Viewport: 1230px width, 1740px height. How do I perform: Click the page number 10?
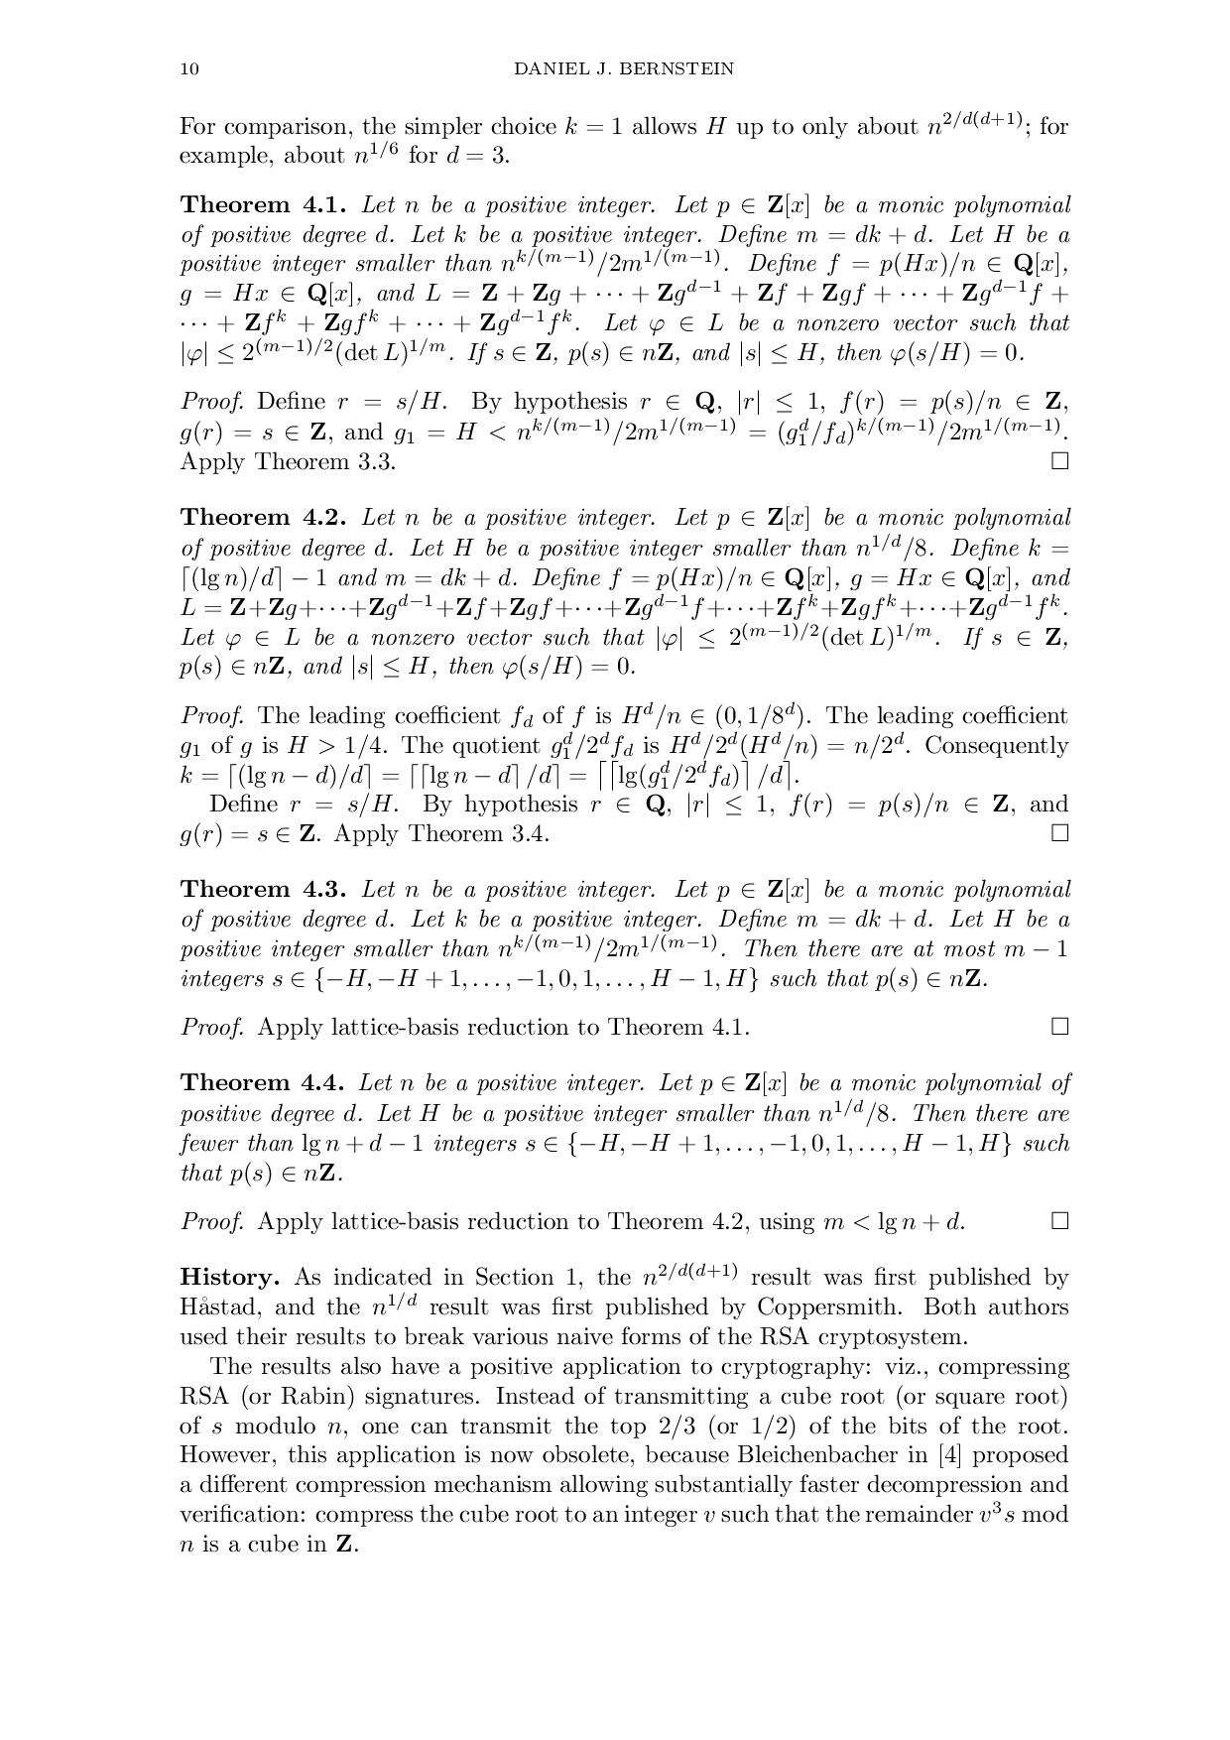point(188,68)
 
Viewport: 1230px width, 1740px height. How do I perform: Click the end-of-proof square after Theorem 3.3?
point(1060,461)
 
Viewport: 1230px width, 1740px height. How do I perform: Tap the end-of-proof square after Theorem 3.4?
point(1060,833)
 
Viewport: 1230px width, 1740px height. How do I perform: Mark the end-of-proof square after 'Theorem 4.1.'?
point(1060,1027)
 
